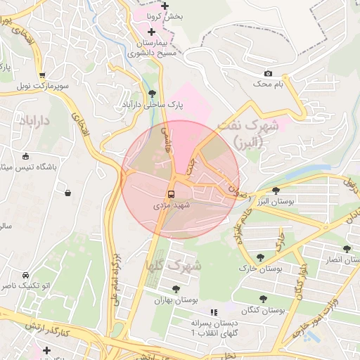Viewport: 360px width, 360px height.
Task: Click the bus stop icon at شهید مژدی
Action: point(171,193)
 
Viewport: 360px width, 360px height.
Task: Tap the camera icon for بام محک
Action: point(268,74)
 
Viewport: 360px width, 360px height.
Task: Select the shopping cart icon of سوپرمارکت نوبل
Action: point(43,75)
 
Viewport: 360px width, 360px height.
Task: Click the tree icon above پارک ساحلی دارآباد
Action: point(152,93)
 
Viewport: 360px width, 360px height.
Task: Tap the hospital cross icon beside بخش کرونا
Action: point(165,6)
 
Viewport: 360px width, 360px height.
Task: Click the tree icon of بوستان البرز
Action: point(275,190)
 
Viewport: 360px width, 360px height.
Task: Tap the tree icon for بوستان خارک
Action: point(261,257)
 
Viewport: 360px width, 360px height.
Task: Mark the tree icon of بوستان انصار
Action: point(346,249)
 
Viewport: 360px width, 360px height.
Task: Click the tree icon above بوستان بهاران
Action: point(176,289)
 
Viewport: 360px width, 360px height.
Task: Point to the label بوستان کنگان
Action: point(262,309)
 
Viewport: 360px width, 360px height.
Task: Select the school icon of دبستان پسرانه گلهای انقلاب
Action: point(214,312)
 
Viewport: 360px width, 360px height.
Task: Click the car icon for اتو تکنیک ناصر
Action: point(26,275)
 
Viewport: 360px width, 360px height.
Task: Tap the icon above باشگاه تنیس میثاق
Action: point(27,157)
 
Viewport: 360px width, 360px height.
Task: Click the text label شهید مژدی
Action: point(171,205)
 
